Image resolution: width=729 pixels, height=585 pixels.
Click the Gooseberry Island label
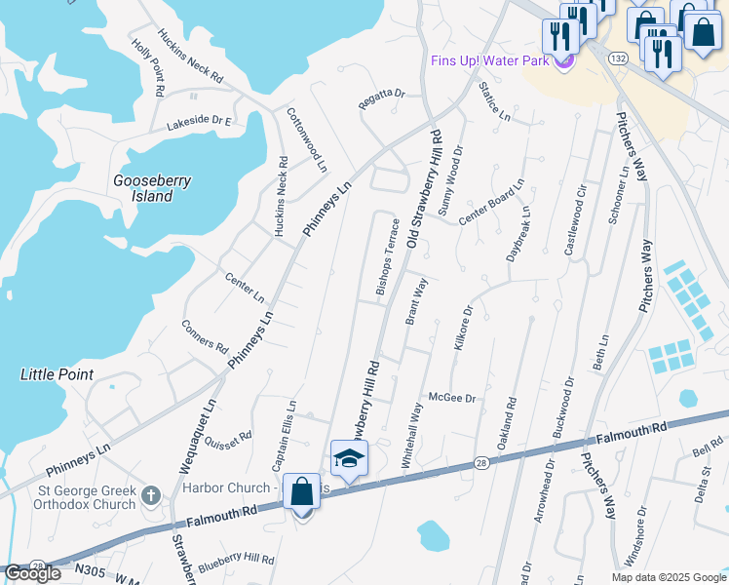153,188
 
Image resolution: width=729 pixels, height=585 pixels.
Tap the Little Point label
57,374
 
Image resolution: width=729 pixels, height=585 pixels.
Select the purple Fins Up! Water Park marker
562,61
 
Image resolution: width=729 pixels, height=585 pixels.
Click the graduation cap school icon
349,457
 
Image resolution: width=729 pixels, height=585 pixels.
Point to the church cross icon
150,495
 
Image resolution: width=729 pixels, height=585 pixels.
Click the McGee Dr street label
451,398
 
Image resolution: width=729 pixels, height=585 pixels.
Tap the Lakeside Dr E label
199,123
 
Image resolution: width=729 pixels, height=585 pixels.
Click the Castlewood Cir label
575,219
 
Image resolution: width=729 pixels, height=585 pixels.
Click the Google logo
33,573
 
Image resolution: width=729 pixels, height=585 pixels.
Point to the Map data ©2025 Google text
668,577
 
